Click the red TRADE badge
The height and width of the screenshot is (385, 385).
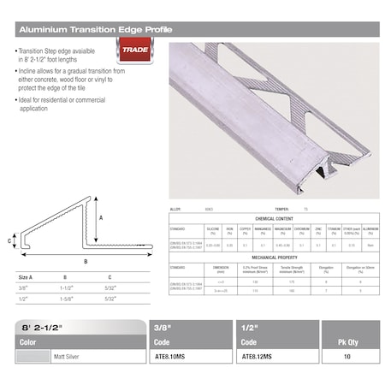(133, 50)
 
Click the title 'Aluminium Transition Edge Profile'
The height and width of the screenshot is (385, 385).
(94, 29)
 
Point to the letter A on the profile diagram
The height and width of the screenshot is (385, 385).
(101, 218)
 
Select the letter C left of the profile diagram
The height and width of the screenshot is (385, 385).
(9, 241)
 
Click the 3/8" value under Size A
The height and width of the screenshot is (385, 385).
(22, 289)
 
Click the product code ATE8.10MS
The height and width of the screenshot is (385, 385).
(174, 357)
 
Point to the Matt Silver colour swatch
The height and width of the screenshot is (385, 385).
(32, 357)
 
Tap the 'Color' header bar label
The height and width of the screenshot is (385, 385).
(29, 341)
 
